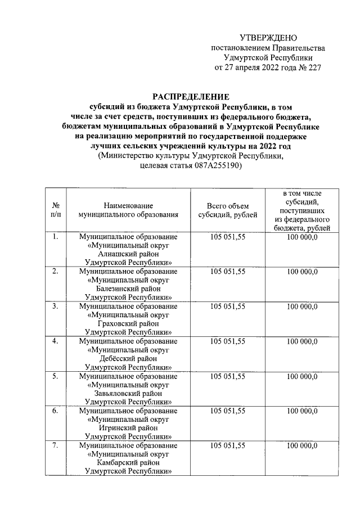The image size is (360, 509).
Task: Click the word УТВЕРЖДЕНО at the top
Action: [x=268, y=38]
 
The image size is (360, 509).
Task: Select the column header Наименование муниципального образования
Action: [x=128, y=210]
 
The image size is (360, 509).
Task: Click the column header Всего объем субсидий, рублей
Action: [x=227, y=210]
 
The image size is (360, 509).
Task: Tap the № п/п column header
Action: [x=56, y=210]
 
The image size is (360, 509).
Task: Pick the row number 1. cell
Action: [x=56, y=237]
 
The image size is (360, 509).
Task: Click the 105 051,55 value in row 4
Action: [x=227, y=341]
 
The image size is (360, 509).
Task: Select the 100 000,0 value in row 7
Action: [x=301, y=445]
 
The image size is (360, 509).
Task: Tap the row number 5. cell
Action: [x=56, y=376]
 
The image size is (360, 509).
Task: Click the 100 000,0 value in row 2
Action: [x=301, y=272]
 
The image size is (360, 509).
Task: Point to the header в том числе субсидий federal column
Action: [x=301, y=210]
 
